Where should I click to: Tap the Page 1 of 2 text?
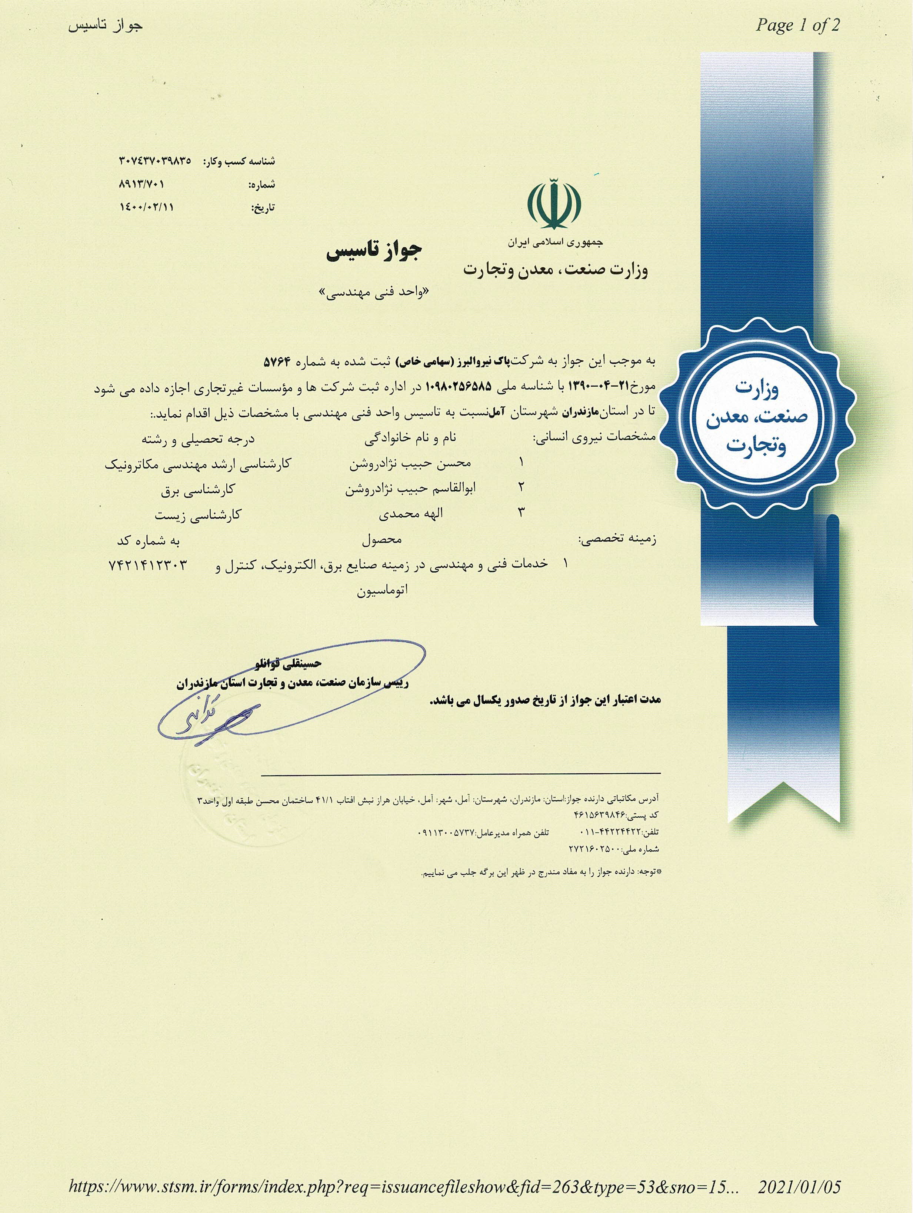click(797, 25)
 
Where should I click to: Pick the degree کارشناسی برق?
click(197, 489)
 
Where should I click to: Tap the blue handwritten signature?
click(207, 719)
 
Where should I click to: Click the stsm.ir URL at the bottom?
click(404, 1188)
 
